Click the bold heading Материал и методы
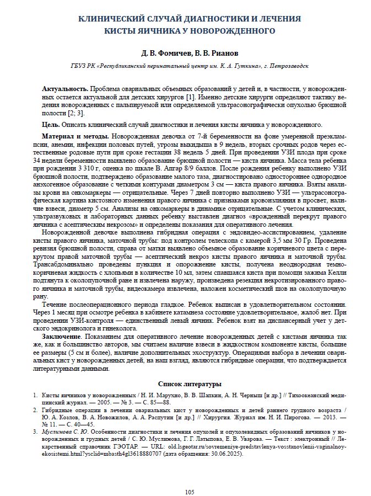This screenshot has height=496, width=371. (75, 136)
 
